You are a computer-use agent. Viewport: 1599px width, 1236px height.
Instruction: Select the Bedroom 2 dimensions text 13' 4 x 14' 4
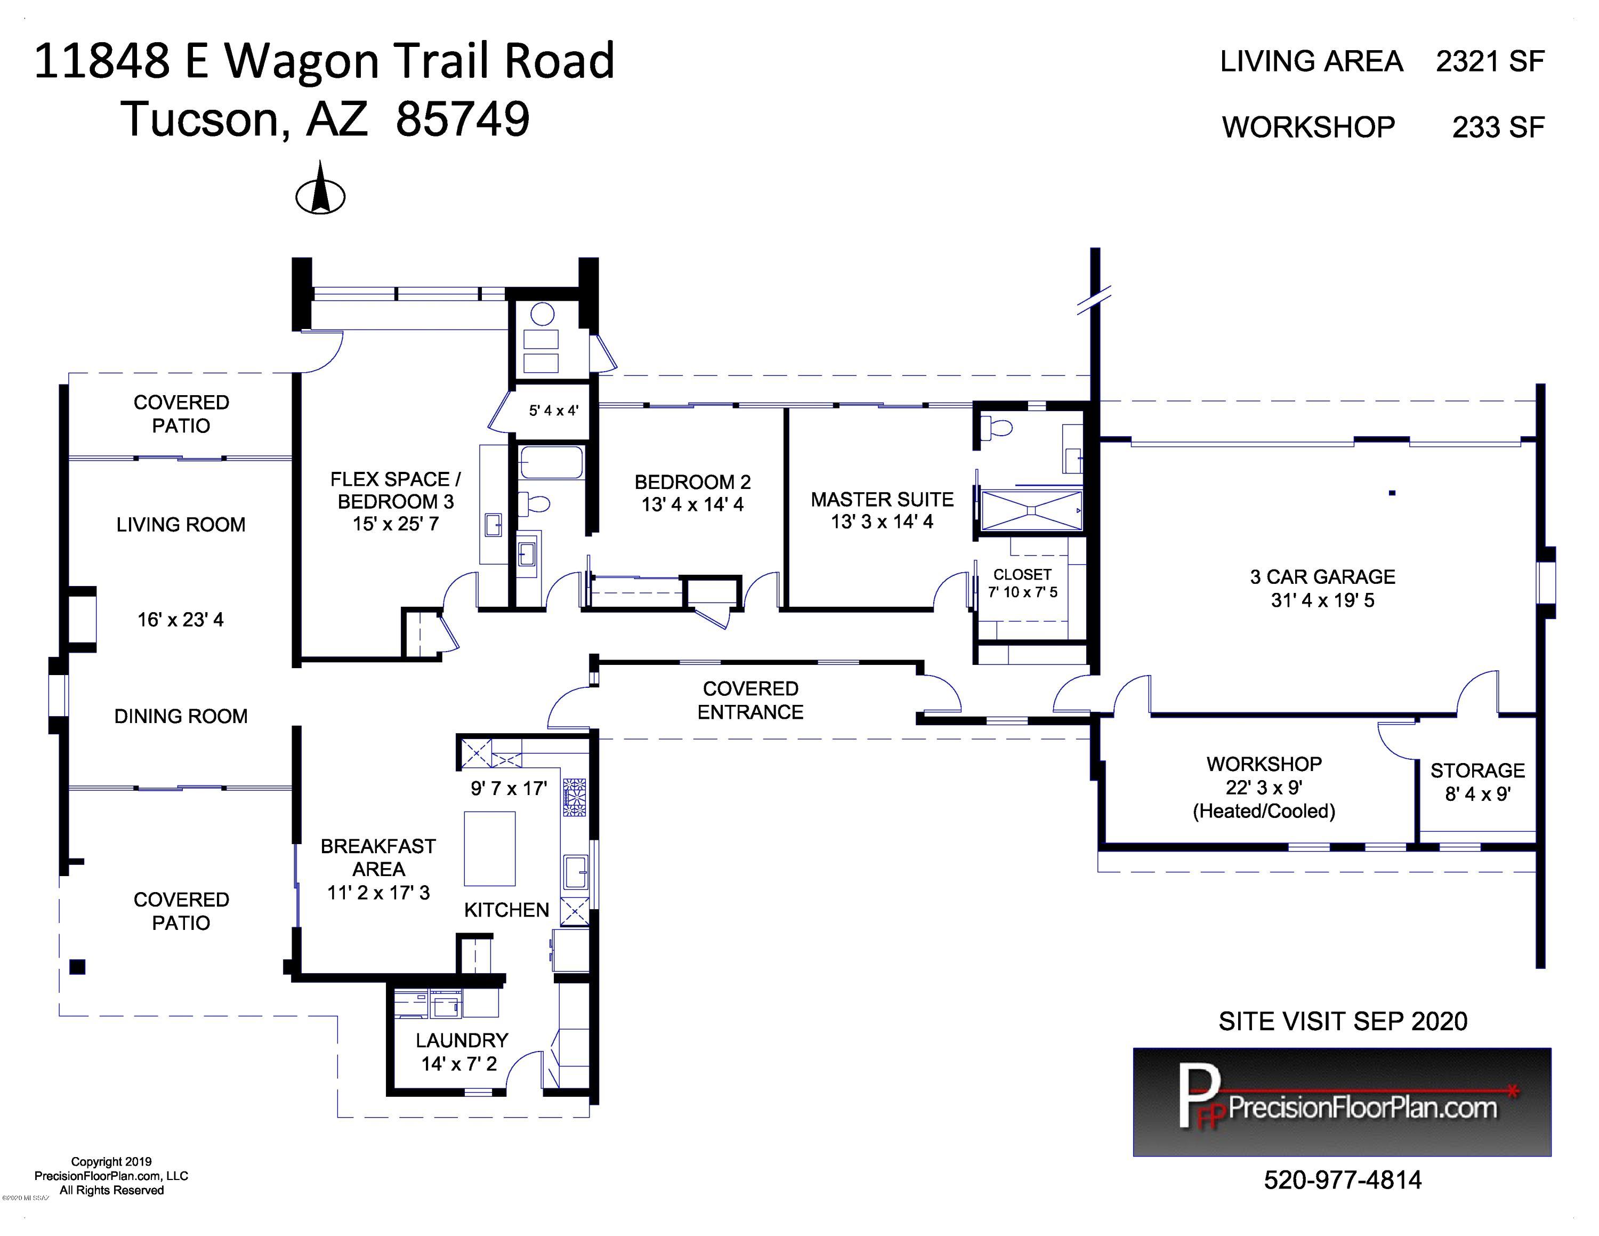692,504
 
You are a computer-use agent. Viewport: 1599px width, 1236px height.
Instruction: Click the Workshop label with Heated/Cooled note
1264,787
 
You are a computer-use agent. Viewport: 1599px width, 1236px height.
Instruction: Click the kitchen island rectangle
490,849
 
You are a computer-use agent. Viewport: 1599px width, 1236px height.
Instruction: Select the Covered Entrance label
750,700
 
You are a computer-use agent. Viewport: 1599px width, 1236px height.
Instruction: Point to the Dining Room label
181,716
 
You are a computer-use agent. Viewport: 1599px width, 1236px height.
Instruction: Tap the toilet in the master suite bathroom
997,427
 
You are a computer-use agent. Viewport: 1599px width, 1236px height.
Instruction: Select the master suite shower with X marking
1031,510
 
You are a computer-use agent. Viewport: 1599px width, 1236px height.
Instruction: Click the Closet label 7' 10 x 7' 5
1022,583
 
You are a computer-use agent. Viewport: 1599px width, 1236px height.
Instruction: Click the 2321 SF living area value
1490,61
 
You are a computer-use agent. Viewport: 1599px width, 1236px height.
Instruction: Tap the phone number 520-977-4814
1343,1179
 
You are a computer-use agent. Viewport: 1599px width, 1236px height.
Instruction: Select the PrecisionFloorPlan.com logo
1342,1102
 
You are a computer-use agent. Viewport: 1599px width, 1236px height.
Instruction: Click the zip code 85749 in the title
462,119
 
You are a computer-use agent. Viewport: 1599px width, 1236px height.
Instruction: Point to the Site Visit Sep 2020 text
1343,1021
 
